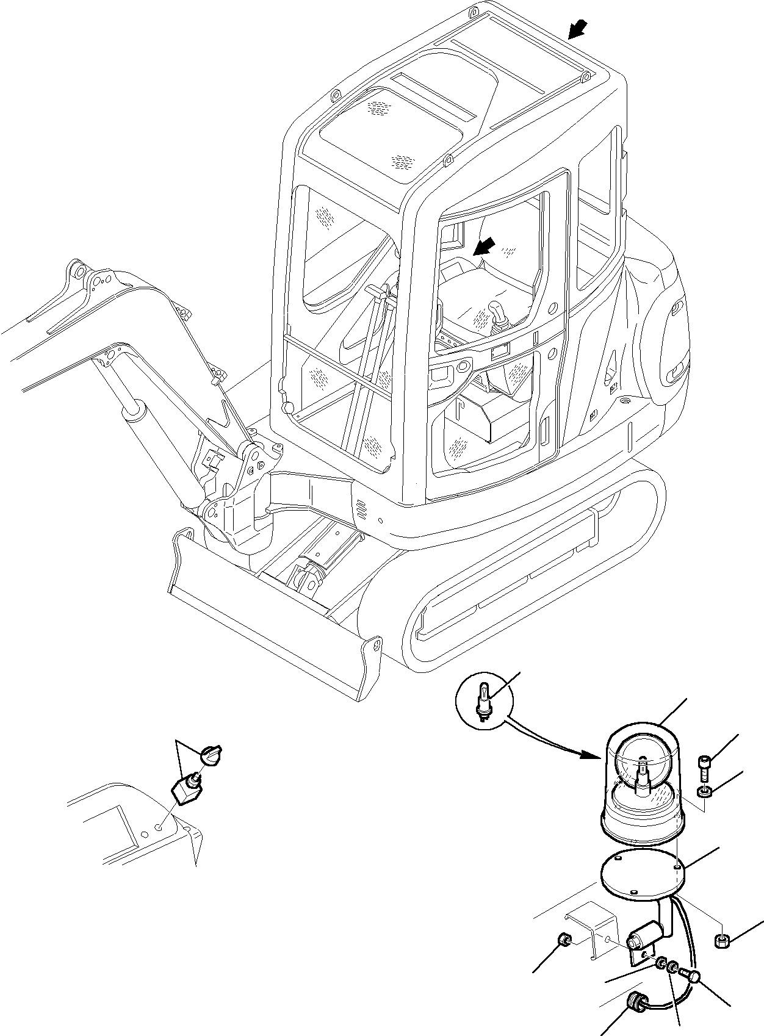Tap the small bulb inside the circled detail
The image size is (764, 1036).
click(485, 702)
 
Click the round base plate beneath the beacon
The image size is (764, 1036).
click(642, 868)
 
